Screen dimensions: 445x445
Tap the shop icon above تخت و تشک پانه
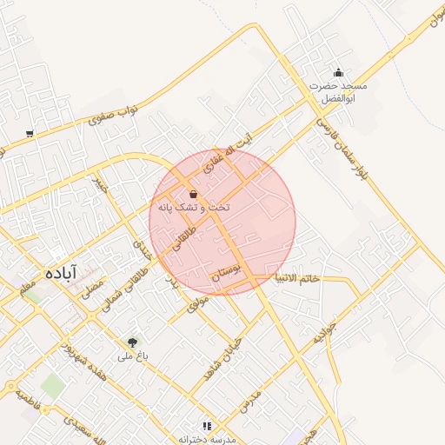192,195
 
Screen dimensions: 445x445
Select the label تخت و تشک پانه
195,209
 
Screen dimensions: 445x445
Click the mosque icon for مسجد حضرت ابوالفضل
338,72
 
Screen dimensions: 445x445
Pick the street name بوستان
224,278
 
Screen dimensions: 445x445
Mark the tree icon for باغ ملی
132,343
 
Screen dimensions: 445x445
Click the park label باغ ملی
134,356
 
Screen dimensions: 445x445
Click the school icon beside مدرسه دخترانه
207,426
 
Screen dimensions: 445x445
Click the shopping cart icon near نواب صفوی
30,133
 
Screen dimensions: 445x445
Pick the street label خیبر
100,184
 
